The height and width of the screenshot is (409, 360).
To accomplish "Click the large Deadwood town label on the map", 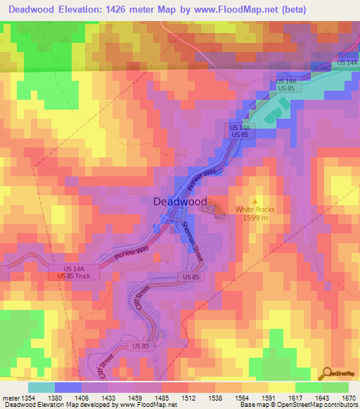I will pos(180,202).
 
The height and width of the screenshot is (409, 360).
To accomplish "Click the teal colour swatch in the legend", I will pos(41,387).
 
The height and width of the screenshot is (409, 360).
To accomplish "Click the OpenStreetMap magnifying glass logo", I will pos(328,373).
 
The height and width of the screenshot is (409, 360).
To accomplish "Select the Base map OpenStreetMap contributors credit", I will pos(300,405).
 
